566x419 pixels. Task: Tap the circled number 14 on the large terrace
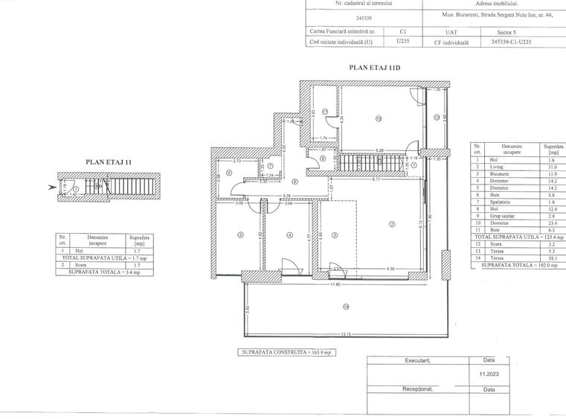[x=345, y=307]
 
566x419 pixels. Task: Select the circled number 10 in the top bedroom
[x=378, y=118]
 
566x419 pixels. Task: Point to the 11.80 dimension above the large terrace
[x=335, y=283]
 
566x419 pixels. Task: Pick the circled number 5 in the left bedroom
[x=239, y=236]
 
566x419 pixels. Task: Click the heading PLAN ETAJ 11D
[x=376, y=67]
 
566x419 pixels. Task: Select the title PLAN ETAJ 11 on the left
[x=109, y=161]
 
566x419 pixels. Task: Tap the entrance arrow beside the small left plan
[x=52, y=188]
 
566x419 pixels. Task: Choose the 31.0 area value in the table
[x=552, y=167]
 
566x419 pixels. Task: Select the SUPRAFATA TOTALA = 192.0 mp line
[x=518, y=263]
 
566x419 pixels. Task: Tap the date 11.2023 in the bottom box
[x=489, y=375]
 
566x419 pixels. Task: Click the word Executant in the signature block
[x=418, y=361]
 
